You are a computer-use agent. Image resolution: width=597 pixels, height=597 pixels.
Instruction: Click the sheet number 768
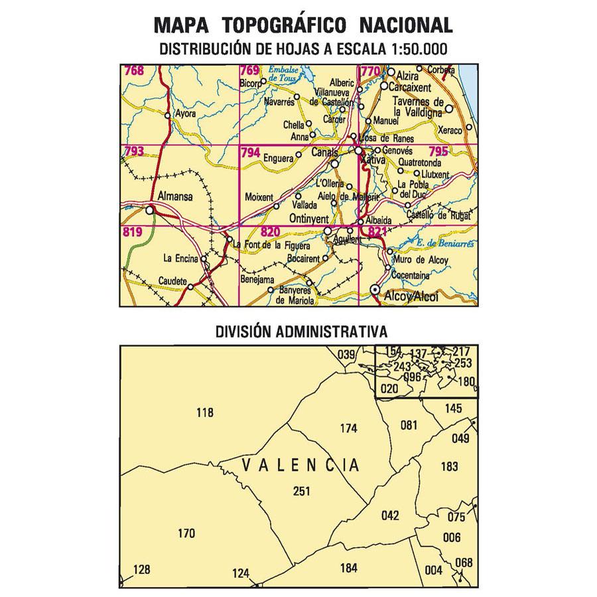tap(133, 70)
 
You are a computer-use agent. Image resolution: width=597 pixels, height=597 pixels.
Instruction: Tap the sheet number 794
tap(251, 152)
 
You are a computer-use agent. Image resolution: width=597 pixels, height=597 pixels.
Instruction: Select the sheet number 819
tap(133, 232)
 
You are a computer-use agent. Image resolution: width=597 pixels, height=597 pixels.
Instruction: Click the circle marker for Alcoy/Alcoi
tap(375, 290)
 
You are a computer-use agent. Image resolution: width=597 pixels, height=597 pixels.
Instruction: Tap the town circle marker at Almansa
tap(150, 210)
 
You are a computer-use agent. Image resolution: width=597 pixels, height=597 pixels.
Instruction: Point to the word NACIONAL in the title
tap(406, 26)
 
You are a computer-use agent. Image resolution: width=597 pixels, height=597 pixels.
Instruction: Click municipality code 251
tap(301, 491)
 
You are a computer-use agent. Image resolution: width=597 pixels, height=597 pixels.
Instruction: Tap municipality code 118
tap(206, 413)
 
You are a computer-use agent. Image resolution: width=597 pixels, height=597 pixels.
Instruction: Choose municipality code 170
tap(188, 533)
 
